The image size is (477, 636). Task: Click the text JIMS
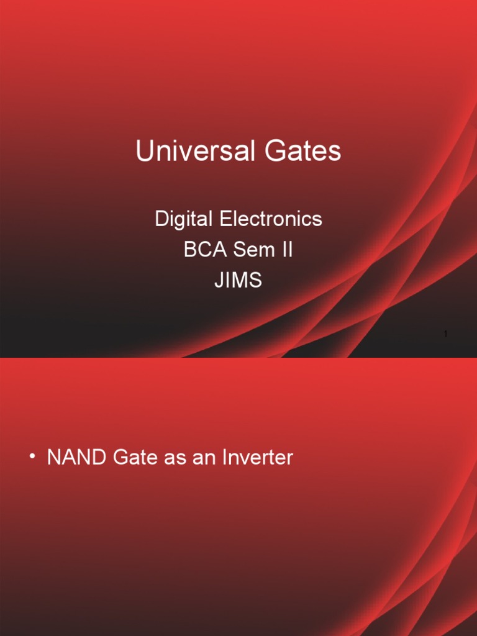coord(238,281)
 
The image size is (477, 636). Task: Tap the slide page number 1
coord(446,335)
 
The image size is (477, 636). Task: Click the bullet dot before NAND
coord(32,458)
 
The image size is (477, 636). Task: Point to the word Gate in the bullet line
coord(132,458)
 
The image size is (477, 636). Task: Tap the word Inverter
coord(255,458)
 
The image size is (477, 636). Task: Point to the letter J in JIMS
coord(219,281)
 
